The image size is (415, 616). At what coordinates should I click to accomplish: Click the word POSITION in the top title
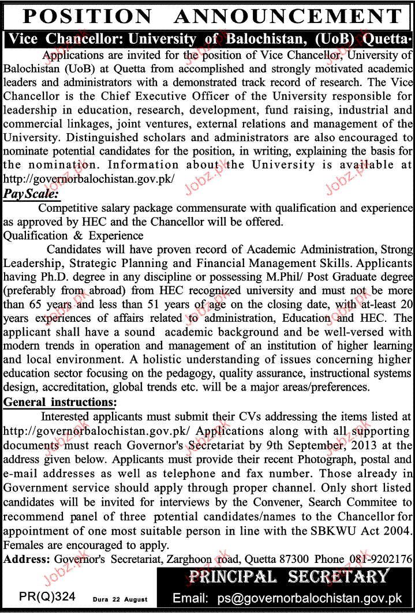(x=78, y=17)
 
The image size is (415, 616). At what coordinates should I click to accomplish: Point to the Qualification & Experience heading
(x=73, y=235)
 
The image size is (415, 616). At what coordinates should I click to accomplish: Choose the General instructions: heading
(x=59, y=401)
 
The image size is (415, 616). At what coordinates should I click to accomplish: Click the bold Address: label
(x=27, y=558)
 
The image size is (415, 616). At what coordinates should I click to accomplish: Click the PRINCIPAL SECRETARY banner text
(x=288, y=576)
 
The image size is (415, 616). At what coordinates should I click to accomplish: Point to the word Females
(x=23, y=544)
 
